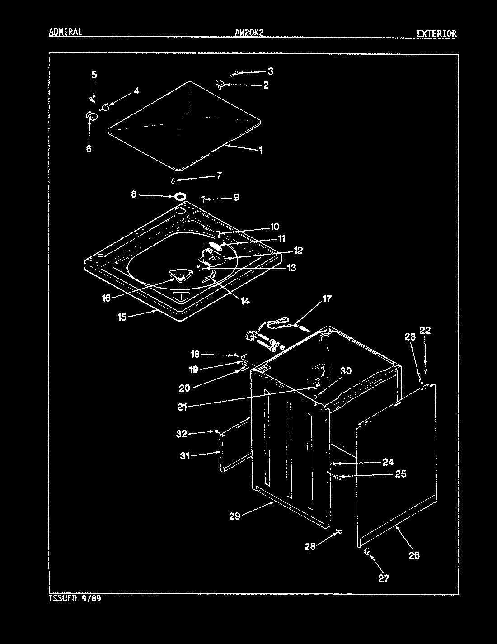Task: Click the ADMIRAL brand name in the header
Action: [x=65, y=32]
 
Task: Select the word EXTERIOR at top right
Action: [x=436, y=33]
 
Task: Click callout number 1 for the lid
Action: [x=260, y=150]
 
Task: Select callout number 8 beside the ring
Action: [x=134, y=194]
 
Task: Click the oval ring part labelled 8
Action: [x=180, y=196]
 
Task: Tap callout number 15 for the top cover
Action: [x=122, y=317]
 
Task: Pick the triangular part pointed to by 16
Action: [x=179, y=275]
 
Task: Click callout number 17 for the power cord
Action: [x=327, y=298]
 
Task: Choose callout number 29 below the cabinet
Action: [x=234, y=516]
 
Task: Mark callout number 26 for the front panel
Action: [x=414, y=555]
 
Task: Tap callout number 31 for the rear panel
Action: [x=185, y=456]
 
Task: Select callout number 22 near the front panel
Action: [x=425, y=331]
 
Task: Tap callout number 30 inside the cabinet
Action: [x=346, y=371]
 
